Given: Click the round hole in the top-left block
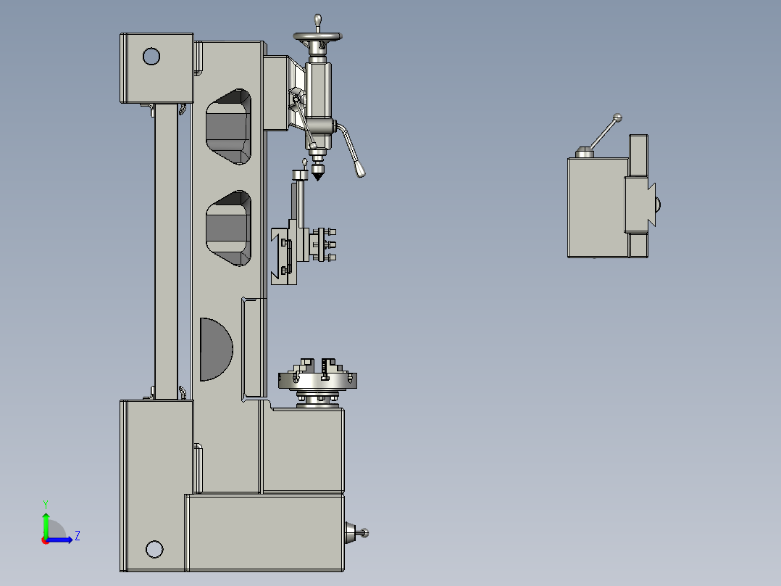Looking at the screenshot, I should (151, 56).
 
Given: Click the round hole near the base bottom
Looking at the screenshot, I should (154, 549).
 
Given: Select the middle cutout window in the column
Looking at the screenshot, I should (229, 228).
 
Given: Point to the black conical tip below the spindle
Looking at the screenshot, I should (317, 175).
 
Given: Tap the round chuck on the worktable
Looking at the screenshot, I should (317, 378).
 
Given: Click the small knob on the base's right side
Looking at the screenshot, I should (364, 533).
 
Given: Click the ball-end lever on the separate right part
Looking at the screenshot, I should (617, 117).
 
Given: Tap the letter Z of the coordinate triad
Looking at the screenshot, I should (77, 536).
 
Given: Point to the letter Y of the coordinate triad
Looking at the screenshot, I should (45, 503).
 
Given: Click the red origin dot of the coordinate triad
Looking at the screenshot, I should (45, 540).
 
